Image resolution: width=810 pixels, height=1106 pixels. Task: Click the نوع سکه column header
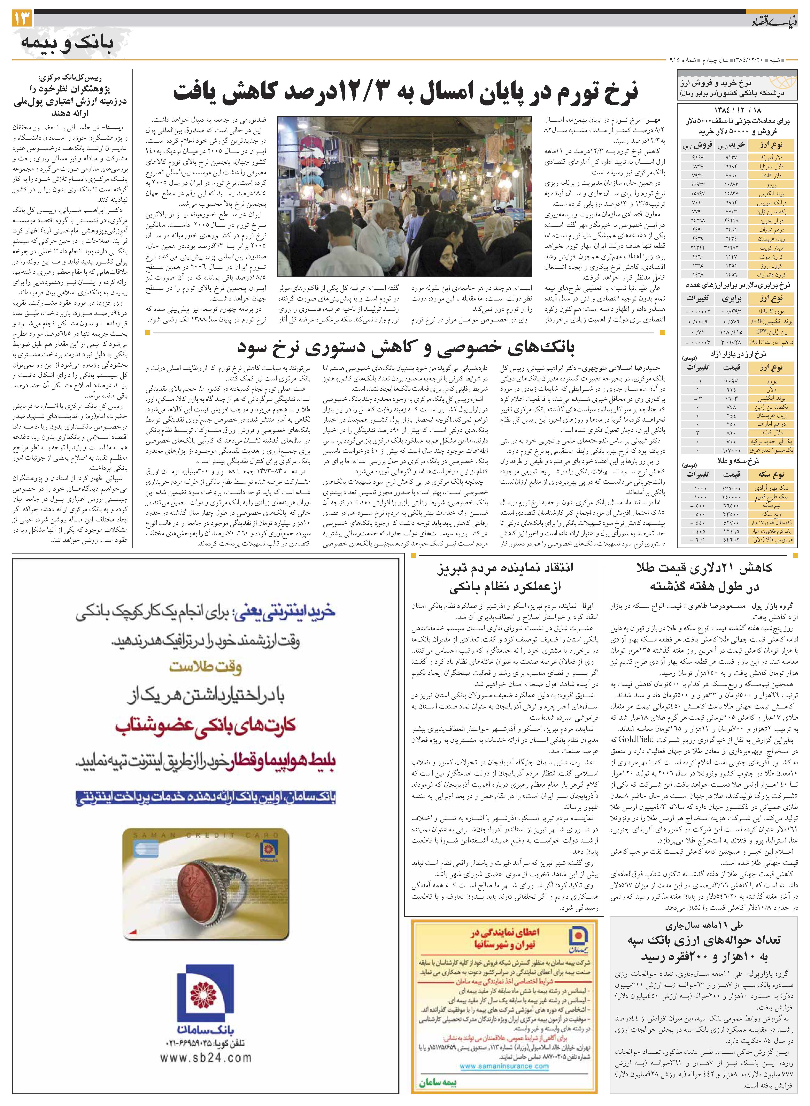point(771,475)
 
